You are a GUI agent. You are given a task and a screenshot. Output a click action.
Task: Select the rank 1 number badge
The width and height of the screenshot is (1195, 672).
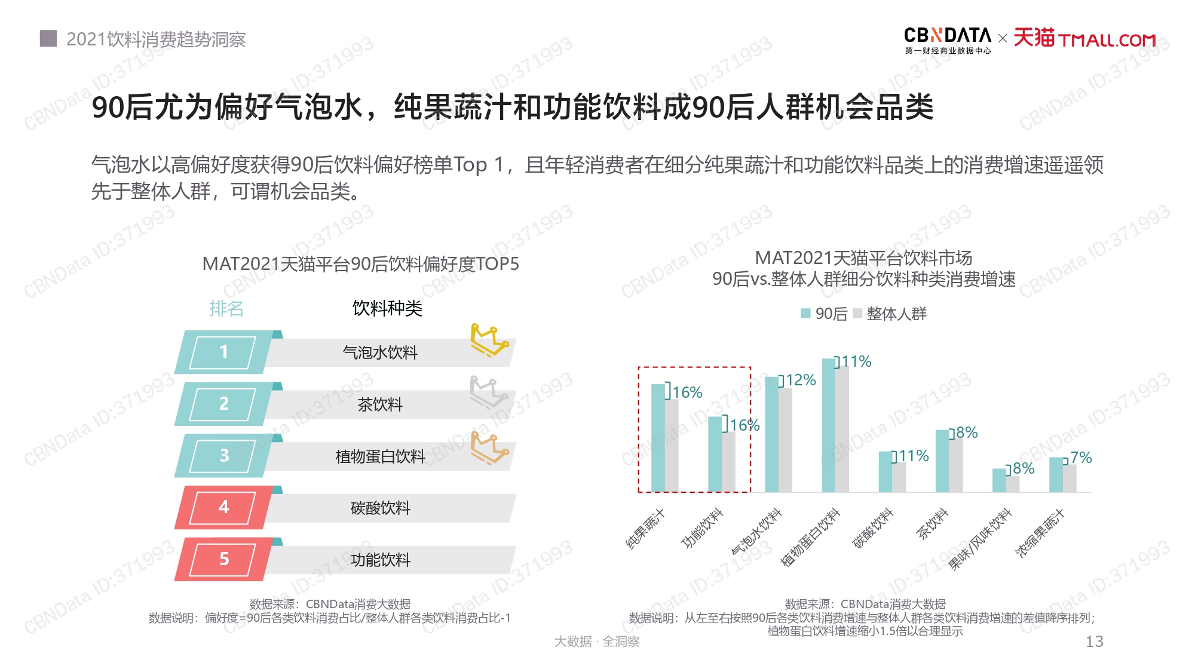223,352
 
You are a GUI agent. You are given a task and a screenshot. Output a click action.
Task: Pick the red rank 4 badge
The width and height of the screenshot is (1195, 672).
223,507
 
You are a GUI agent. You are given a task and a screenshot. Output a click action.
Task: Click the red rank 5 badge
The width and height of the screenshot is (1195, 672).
223,559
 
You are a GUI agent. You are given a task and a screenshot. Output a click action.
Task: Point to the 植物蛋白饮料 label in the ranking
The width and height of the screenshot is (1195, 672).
380,456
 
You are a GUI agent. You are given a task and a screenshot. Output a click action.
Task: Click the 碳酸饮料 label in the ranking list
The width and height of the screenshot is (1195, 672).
380,508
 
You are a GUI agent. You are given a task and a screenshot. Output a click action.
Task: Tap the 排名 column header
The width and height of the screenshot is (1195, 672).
226,309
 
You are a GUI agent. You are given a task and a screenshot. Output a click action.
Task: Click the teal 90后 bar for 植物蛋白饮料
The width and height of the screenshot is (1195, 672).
828,425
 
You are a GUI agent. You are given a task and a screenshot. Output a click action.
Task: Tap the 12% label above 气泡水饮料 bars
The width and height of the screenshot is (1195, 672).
801,380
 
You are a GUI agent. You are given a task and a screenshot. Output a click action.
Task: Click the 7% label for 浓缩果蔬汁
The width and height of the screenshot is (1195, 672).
1081,458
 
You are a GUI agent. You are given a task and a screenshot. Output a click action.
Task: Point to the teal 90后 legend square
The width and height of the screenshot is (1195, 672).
805,314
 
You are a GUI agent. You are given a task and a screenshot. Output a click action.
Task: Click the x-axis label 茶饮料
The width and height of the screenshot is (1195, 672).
932,524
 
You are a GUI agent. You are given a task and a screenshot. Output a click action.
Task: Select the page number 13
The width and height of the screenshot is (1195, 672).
1094,642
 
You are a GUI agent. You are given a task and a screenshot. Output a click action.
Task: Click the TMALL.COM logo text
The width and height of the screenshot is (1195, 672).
1107,40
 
